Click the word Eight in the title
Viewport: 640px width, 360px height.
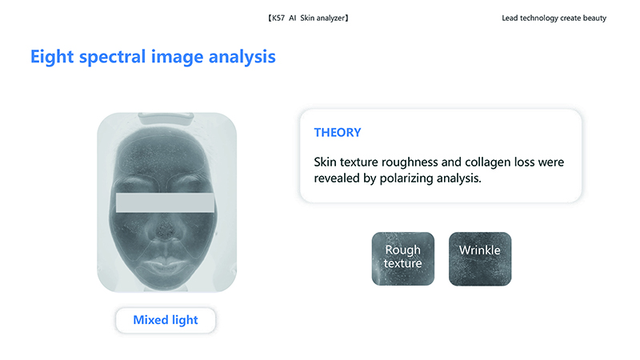52,57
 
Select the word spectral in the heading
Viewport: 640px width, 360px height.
112,57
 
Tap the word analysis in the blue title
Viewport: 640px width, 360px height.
242,57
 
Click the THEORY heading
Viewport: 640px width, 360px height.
338,133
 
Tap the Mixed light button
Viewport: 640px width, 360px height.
166,320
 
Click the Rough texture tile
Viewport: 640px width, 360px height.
403,258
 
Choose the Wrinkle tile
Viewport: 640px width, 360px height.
480,258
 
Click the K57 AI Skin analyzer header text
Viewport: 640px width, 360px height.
308,18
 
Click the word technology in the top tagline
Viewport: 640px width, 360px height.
538,18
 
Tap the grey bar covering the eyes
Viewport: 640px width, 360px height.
165,202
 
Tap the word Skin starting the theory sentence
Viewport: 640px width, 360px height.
326,162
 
